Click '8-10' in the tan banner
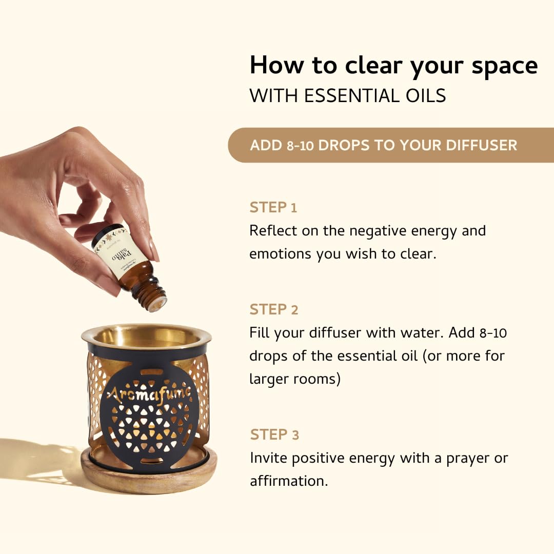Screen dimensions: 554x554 click(x=298, y=145)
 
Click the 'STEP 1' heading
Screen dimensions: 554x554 click(x=273, y=208)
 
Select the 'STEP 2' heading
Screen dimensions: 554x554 click(x=273, y=310)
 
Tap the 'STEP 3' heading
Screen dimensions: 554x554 click(x=274, y=435)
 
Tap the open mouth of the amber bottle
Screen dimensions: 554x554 click(x=155, y=303)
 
